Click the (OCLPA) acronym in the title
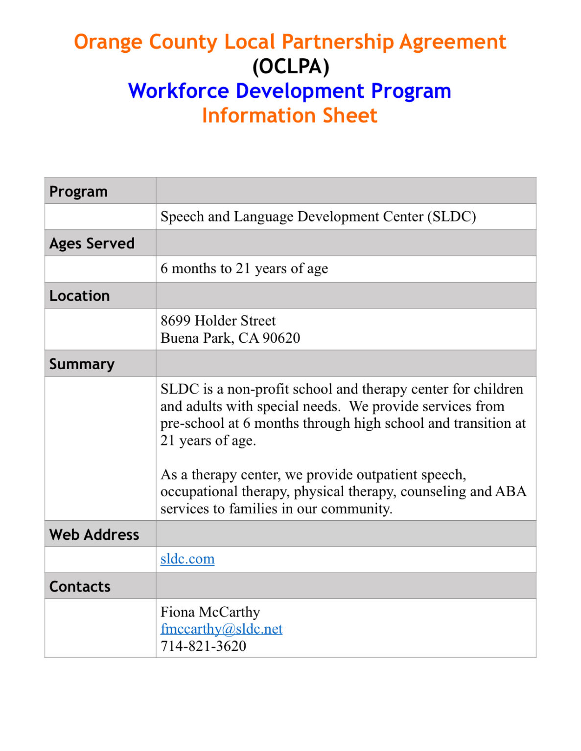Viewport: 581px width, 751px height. (x=290, y=66)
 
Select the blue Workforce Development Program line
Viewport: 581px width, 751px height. (x=289, y=91)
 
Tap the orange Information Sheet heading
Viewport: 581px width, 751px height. (x=289, y=115)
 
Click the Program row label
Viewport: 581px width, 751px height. (x=78, y=191)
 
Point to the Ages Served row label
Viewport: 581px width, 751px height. (x=92, y=243)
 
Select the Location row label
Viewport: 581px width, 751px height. (x=79, y=295)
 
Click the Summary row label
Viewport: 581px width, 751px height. (x=82, y=364)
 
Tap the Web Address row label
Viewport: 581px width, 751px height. (x=94, y=534)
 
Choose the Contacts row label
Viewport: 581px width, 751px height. (x=80, y=586)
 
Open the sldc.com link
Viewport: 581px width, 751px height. (x=187, y=559)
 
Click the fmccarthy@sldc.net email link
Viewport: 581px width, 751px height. (x=221, y=629)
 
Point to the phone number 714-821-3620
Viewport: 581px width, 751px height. (x=203, y=646)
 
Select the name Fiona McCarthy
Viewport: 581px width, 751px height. (x=210, y=612)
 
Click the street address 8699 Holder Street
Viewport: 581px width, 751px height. (x=218, y=321)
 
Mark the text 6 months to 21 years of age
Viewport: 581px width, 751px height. (x=244, y=268)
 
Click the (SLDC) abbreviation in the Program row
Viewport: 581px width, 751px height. (x=451, y=217)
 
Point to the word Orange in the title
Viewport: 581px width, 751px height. (x=108, y=42)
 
